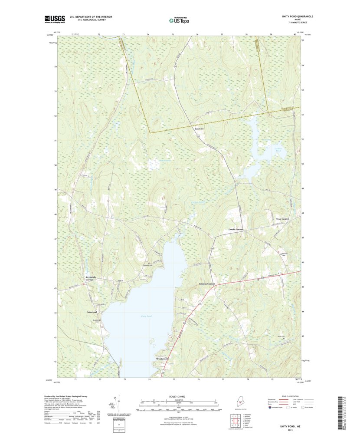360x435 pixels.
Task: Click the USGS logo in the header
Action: (54, 19)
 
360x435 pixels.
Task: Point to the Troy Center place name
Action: (282, 219)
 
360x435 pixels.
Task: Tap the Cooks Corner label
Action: (236, 229)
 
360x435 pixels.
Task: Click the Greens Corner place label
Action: (207, 283)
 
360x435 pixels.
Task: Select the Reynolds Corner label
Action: (92, 278)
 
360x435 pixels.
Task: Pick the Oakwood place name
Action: (92, 312)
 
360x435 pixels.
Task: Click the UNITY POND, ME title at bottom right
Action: (286, 426)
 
